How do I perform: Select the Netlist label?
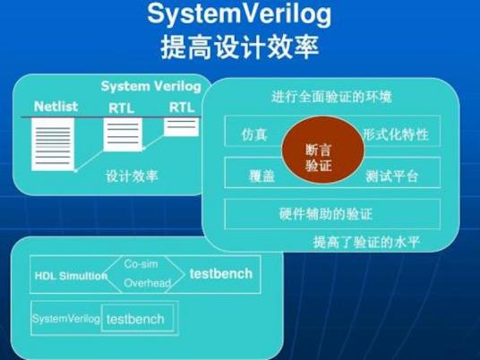(56, 107)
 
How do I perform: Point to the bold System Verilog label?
(150, 87)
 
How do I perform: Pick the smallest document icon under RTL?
(182, 125)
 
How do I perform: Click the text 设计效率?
(132, 176)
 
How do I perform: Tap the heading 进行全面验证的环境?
(330, 96)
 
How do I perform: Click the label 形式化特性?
(396, 135)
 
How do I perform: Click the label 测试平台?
(392, 176)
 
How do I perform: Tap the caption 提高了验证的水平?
(366, 243)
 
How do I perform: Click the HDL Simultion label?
(69, 276)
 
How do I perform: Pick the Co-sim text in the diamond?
(141, 264)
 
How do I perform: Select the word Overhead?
(146, 284)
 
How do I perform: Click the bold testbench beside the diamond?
(220, 274)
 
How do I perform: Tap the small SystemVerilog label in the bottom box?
(64, 319)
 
